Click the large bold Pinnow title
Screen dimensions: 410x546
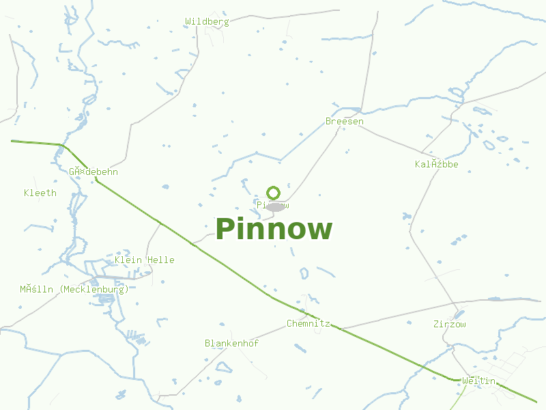(x=274, y=230)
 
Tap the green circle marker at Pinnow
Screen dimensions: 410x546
(x=274, y=193)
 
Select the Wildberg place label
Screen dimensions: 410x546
(x=207, y=22)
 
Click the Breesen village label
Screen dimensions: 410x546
(x=345, y=122)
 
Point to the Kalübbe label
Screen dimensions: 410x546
(x=437, y=165)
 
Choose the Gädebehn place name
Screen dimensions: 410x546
(x=93, y=172)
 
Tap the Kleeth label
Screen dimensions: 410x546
(x=40, y=193)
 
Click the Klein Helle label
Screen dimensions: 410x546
(x=145, y=260)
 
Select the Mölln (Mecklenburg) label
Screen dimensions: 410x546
(x=74, y=290)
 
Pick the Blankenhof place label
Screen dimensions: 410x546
(x=231, y=344)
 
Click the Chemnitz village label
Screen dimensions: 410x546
(x=308, y=324)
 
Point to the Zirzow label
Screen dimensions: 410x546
(x=450, y=325)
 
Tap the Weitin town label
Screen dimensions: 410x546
(x=478, y=381)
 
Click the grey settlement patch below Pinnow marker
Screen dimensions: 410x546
(x=275, y=206)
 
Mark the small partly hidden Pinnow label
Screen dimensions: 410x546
(x=273, y=205)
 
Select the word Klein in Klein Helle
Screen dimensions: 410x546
(x=128, y=260)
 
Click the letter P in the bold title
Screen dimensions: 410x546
(x=225, y=230)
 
